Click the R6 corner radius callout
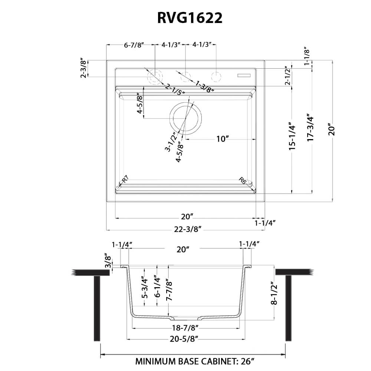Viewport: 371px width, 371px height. tap(243, 181)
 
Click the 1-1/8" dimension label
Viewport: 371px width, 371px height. tap(306, 56)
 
